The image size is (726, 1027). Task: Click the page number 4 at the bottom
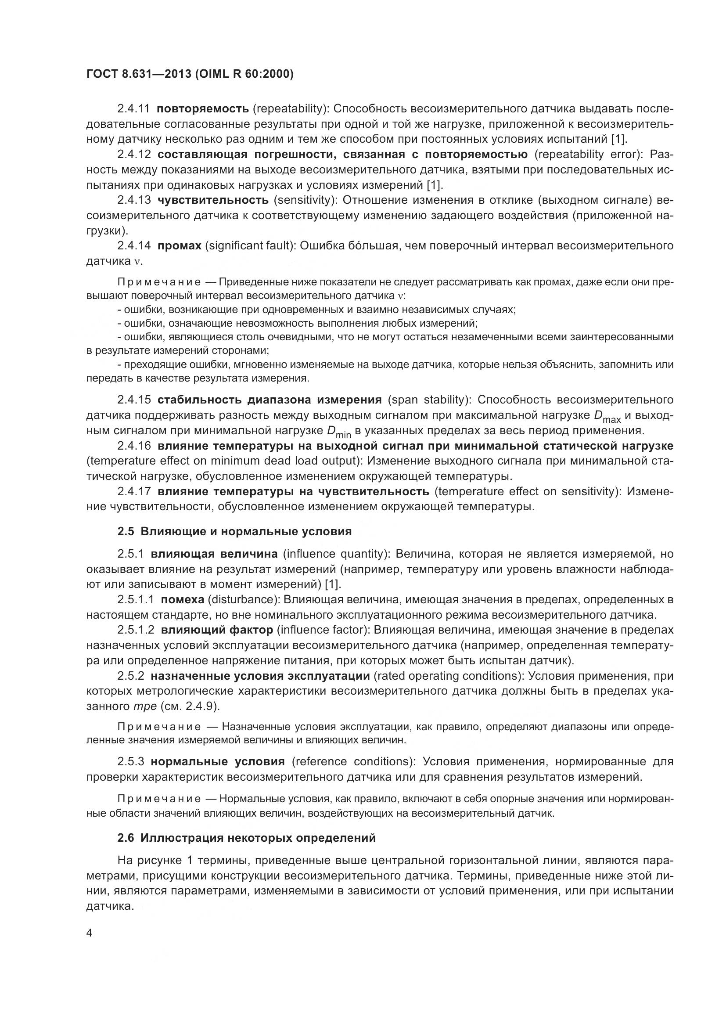pos(90,933)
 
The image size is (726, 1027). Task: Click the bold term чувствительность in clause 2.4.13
pos(213,200)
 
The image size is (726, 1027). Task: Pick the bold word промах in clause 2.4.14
pos(179,245)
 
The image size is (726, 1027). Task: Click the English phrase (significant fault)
pos(249,245)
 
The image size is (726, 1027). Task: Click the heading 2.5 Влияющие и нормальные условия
pos(234,531)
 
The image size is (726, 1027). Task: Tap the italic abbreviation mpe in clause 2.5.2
pos(144,706)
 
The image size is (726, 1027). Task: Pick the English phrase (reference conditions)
pos(353,761)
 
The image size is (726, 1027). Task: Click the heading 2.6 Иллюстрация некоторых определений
pos(246,838)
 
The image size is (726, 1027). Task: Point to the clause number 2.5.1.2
pos(136,630)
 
